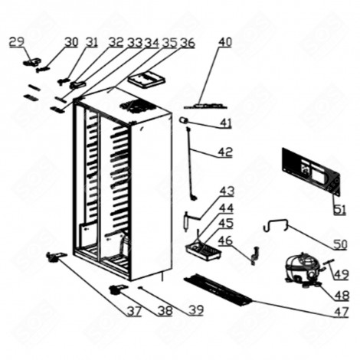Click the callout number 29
[x=16, y=41]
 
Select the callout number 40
[x=224, y=41]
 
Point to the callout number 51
[x=338, y=206]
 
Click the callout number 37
[x=134, y=311]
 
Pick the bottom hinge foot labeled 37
[x=55, y=258]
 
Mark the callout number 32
[x=116, y=42]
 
